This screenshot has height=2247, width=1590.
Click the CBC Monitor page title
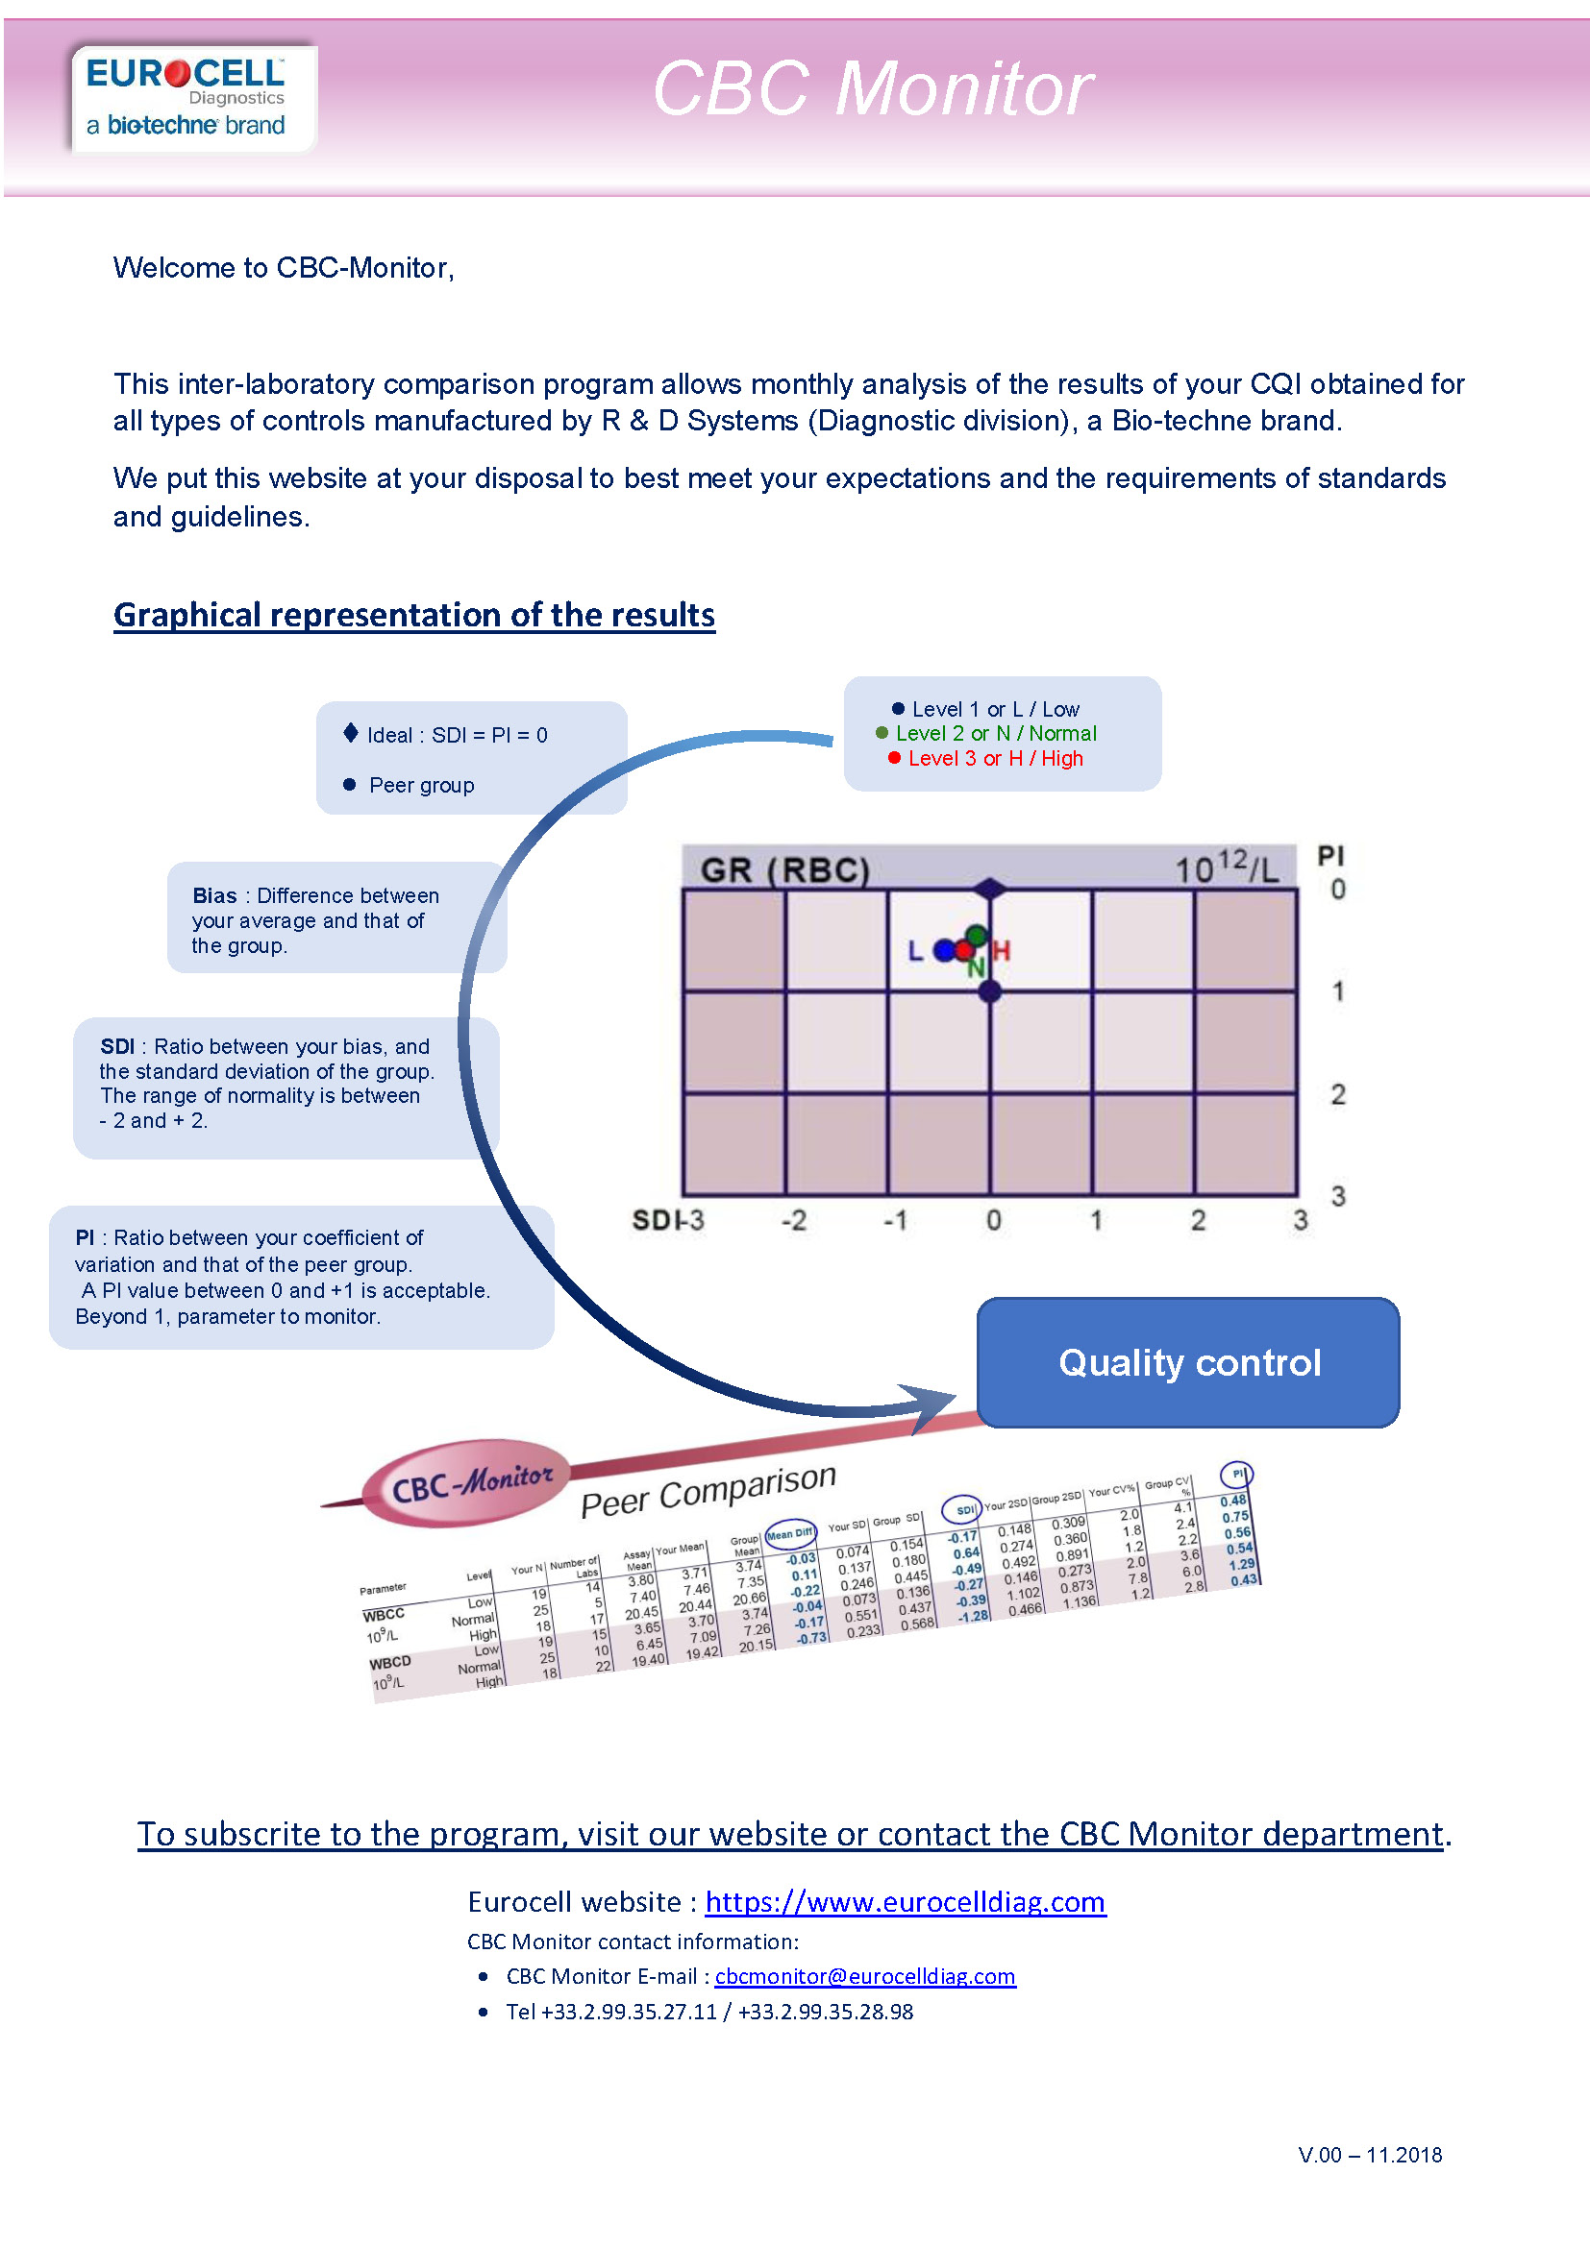(x=871, y=89)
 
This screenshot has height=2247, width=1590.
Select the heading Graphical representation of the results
(x=413, y=615)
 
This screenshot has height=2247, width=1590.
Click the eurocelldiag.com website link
(x=905, y=1900)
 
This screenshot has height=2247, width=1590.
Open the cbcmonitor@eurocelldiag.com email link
(x=864, y=1975)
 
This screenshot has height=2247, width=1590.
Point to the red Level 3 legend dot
(x=894, y=757)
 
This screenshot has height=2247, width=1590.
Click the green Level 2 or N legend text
(x=995, y=733)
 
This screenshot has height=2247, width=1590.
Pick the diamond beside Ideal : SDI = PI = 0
(x=351, y=733)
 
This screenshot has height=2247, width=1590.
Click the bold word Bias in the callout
(x=214, y=895)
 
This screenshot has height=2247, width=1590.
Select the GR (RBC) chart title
(x=784, y=869)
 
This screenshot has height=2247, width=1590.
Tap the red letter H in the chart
(x=1001, y=949)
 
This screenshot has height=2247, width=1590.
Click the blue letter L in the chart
(x=914, y=950)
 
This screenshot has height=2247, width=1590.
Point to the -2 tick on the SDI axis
(x=793, y=1220)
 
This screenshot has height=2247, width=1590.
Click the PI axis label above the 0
(x=1329, y=855)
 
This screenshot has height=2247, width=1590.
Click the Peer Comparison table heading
(x=708, y=1491)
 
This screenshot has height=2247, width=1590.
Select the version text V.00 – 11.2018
(x=1369, y=2154)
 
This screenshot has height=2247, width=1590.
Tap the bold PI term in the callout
(x=85, y=1237)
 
